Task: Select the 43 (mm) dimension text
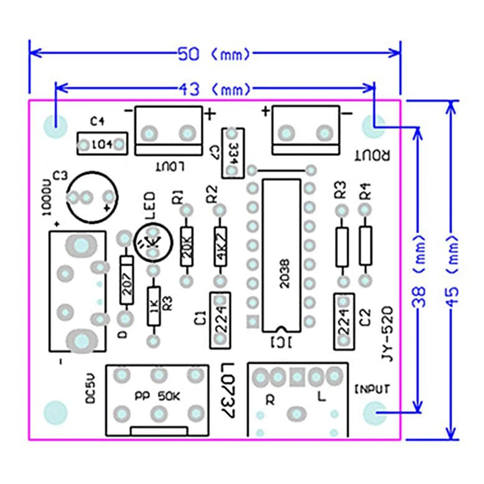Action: (x=215, y=89)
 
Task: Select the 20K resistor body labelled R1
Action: (x=186, y=247)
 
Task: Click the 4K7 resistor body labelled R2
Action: (x=221, y=247)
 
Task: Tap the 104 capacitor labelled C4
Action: (x=102, y=144)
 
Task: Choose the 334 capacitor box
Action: (x=233, y=153)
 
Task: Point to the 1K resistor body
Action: (x=154, y=306)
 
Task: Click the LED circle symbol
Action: (x=153, y=243)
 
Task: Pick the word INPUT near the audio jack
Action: (x=372, y=389)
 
